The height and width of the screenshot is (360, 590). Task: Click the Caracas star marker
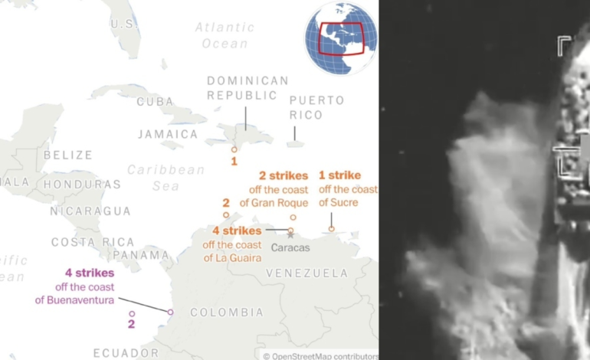[x=290, y=236]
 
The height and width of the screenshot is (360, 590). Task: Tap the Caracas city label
[x=290, y=247]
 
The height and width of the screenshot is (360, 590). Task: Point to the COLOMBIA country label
[x=226, y=313]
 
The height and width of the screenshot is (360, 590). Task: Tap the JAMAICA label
[x=168, y=134]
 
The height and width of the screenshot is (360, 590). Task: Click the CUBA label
[x=155, y=102]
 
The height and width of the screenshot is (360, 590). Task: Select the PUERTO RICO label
[x=316, y=107]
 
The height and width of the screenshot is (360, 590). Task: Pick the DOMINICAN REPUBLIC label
[x=247, y=88]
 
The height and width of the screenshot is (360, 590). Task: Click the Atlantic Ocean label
[x=225, y=35]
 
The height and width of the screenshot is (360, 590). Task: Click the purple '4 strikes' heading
[x=90, y=273]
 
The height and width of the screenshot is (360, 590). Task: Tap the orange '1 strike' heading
[x=339, y=175]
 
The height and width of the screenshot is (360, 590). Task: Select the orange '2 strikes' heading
[x=284, y=175]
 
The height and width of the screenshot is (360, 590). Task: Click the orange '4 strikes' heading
[x=237, y=231]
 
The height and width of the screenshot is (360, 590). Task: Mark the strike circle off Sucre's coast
[x=332, y=228]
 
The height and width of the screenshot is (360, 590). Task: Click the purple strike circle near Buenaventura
[x=170, y=312]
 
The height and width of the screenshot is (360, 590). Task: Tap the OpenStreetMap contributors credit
[x=320, y=355]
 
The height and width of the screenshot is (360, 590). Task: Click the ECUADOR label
[x=126, y=352]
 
